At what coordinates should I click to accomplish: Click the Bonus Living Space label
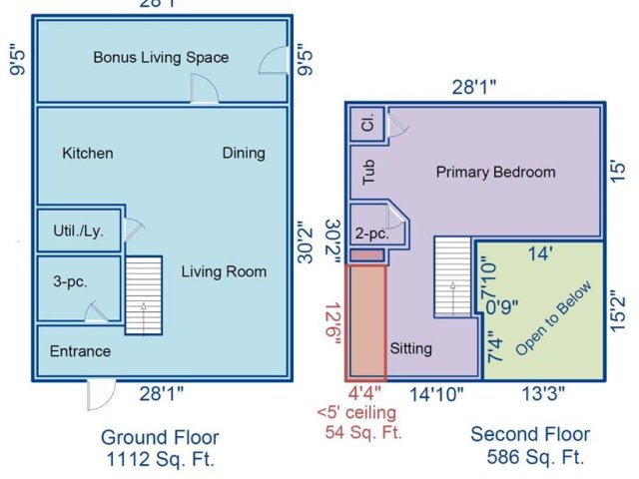(x=161, y=58)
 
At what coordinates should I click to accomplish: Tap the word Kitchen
(x=88, y=153)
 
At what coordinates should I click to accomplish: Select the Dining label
(x=244, y=153)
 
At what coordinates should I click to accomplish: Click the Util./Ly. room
(x=79, y=231)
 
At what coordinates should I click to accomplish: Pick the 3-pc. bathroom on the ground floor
(x=79, y=288)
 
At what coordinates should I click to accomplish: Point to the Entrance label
(x=80, y=351)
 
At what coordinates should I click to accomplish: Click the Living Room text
(x=224, y=271)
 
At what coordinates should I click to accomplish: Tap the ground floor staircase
(x=144, y=295)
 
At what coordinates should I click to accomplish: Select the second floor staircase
(x=452, y=276)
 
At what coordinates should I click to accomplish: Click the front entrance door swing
(x=102, y=395)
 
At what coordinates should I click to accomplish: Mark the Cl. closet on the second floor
(x=367, y=124)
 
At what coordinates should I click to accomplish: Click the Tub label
(x=368, y=172)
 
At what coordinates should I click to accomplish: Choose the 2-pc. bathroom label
(x=372, y=234)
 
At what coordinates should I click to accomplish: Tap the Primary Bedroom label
(x=495, y=172)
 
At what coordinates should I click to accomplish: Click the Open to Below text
(x=553, y=317)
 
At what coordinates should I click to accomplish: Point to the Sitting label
(x=410, y=348)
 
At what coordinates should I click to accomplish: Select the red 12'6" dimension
(x=333, y=324)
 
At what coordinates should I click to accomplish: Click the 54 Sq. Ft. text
(x=363, y=432)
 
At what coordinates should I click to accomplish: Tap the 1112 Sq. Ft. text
(x=160, y=459)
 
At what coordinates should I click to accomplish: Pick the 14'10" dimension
(x=436, y=394)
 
